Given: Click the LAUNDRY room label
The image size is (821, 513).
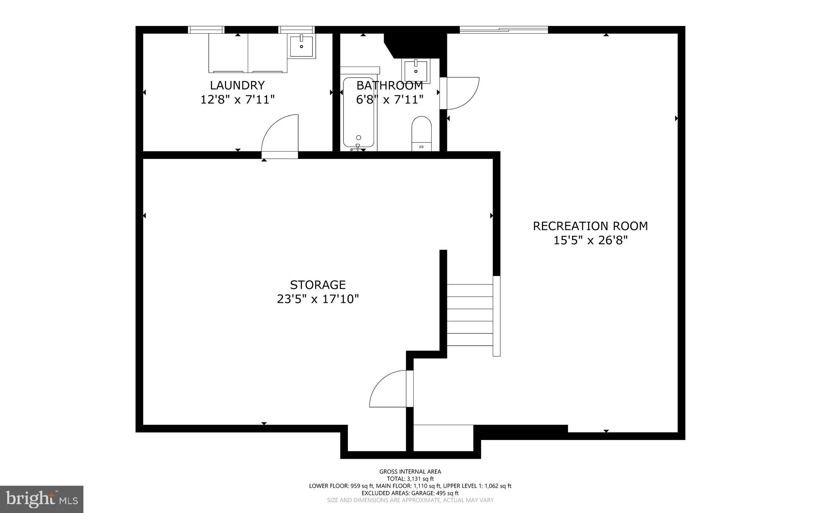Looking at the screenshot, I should (237, 85).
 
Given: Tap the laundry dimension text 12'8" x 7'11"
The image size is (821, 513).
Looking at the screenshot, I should (237, 99).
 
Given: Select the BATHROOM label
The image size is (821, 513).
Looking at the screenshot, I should (389, 85).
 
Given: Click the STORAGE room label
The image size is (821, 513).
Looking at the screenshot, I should (317, 285).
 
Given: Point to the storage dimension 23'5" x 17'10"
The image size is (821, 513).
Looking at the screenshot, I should (317, 299).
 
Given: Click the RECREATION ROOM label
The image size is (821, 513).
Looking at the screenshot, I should (590, 226).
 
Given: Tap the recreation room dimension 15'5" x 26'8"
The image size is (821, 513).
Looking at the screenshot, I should (590, 240).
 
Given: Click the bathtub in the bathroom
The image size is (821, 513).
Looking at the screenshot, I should (358, 112).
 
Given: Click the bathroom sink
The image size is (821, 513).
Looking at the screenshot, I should (416, 71).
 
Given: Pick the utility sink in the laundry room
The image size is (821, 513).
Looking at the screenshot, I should (301, 46).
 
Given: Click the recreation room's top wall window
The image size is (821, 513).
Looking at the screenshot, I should (504, 29).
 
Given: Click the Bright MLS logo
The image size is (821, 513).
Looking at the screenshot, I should (42, 499).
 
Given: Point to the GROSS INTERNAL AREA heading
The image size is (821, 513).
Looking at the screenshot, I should (410, 472).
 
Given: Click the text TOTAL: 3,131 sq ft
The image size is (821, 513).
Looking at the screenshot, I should (410, 479).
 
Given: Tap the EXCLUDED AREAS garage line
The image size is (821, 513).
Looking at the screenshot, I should (410, 493).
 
